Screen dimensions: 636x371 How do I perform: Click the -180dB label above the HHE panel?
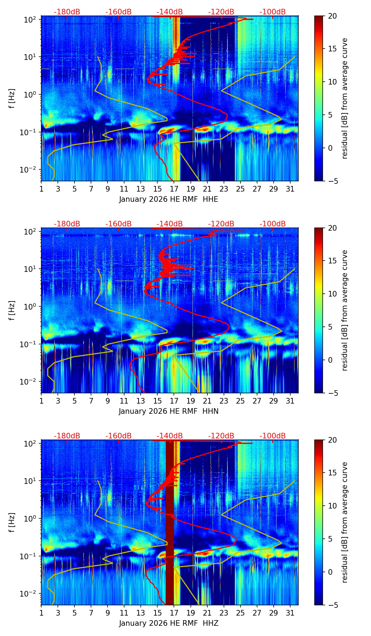[67, 12]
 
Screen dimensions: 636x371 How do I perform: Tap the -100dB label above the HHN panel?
[273, 224]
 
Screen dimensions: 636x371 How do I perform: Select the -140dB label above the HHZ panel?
[170, 436]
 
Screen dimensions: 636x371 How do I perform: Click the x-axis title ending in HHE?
[169, 199]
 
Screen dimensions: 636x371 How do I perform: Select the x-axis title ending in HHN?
[169, 411]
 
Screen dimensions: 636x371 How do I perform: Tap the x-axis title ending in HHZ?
[169, 623]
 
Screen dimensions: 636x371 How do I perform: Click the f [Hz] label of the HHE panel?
[12, 99]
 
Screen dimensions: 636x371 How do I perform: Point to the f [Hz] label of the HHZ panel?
[12, 523]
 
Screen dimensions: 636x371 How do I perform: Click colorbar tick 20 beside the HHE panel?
[332, 16]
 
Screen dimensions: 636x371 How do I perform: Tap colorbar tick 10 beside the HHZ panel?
[332, 506]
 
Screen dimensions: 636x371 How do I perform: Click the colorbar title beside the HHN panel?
[345, 310]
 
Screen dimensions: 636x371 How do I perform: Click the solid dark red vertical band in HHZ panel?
[170, 528]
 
